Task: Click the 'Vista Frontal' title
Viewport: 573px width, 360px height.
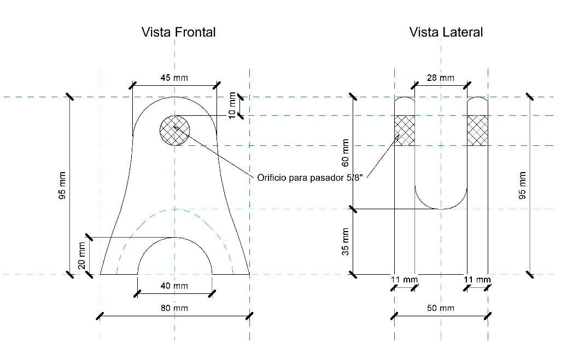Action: (178, 32)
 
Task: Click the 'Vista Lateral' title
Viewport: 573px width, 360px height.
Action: (446, 32)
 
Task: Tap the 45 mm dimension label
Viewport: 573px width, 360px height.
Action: (174, 78)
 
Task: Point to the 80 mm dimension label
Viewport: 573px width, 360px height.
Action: (174, 308)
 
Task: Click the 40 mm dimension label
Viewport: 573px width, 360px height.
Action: (174, 286)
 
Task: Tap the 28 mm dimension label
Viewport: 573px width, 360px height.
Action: (440, 78)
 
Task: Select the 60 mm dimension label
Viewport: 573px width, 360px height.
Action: (344, 154)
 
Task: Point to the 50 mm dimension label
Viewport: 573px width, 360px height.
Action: (440, 308)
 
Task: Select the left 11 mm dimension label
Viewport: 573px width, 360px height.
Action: (404, 280)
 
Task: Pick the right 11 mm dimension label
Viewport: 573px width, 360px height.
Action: (477, 280)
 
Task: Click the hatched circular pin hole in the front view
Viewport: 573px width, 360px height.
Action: (174, 131)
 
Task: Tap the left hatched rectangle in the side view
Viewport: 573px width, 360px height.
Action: (405, 131)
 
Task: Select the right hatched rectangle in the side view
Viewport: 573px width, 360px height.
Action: (477, 131)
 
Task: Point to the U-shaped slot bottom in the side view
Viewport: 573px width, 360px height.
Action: (441, 206)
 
